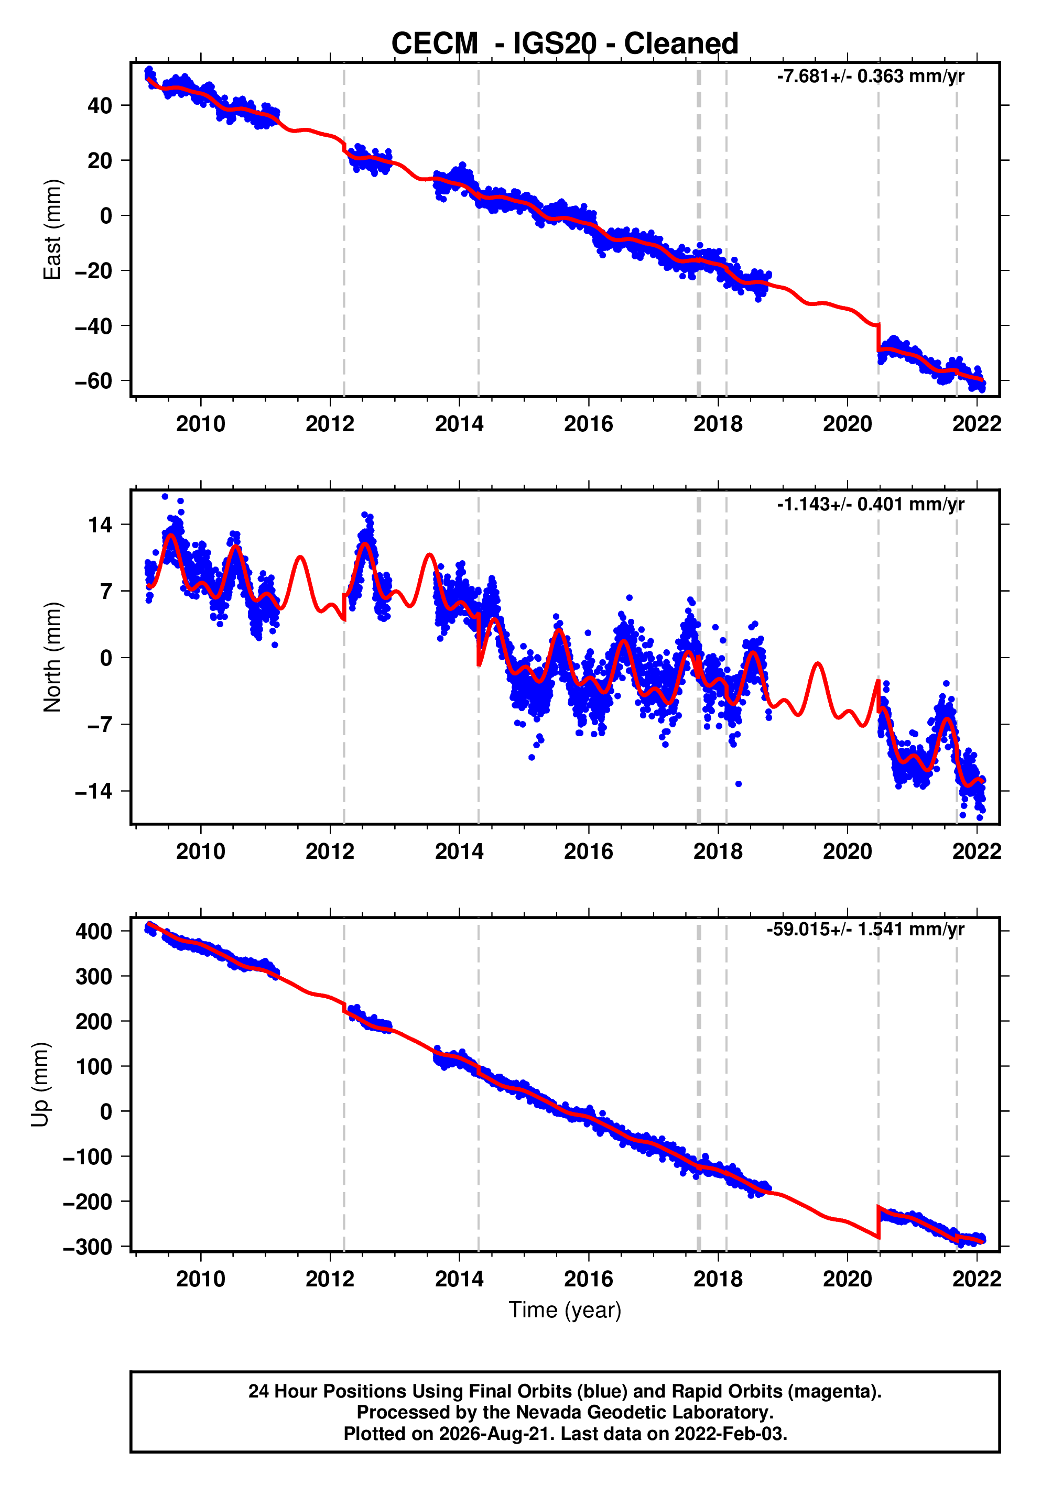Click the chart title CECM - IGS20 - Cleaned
pos(565,43)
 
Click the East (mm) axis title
pos(52,230)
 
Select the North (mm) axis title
pos(52,657)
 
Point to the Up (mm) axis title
pos(40,1085)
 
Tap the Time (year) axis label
pos(565,1309)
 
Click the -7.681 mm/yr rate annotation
pos(870,77)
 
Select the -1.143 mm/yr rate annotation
pos(870,504)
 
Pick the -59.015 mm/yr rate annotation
pos(865,930)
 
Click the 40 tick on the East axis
pos(100,105)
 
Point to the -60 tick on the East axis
pos(93,381)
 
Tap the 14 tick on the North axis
pos(100,525)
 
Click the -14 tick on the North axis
pos(94,791)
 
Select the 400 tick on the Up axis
pos(94,931)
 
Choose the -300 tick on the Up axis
pos(88,1247)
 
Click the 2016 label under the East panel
pos(588,424)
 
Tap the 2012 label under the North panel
pos(330,852)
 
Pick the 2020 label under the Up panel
pos(847,1279)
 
